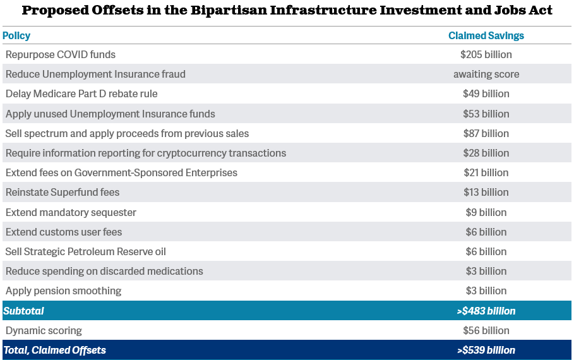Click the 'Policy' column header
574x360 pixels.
[x=16, y=35]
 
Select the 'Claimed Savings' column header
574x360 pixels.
[x=486, y=35]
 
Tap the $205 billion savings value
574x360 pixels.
[x=486, y=54]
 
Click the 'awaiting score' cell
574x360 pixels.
[x=486, y=74]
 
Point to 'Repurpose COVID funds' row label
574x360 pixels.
[x=61, y=54]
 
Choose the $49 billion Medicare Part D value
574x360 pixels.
[x=486, y=93]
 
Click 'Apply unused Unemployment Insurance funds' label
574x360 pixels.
[x=111, y=114]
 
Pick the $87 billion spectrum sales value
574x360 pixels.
[x=486, y=133]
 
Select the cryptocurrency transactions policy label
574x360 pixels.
[x=146, y=153]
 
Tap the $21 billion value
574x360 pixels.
[x=486, y=172]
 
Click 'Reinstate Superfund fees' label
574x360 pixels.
[x=63, y=192]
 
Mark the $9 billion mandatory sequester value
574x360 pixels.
[x=486, y=212]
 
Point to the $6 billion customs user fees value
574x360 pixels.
[x=486, y=232]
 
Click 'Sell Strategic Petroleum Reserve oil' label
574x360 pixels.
[x=86, y=251]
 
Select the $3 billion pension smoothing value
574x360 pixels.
[x=486, y=291]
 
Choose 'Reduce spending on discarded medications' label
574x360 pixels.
[x=104, y=271]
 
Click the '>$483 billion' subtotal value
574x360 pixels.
[x=486, y=311]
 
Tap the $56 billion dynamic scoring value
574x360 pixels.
[x=486, y=330]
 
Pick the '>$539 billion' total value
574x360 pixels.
[x=486, y=350]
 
